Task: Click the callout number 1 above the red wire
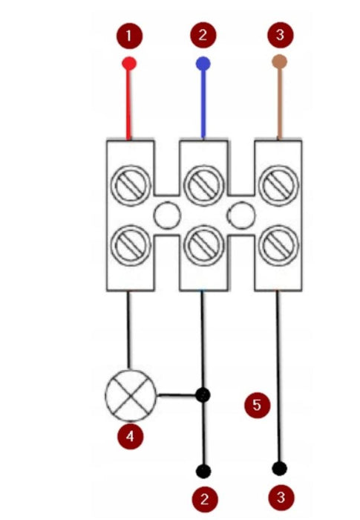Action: pyautogui.click(x=129, y=36)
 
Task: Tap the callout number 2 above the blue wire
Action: pyautogui.click(x=203, y=35)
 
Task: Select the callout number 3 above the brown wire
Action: pyautogui.click(x=280, y=35)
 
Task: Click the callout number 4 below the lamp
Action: pyautogui.click(x=131, y=436)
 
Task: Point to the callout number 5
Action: pyautogui.click(x=258, y=405)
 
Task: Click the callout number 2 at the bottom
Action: pyautogui.click(x=205, y=499)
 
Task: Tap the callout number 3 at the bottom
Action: pyautogui.click(x=281, y=498)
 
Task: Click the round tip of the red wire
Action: pyautogui.click(x=129, y=63)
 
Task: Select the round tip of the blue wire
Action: pyautogui.click(x=203, y=64)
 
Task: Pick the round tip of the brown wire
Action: pyautogui.click(x=279, y=62)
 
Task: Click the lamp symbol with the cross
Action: pyautogui.click(x=131, y=395)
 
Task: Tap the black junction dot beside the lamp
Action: pyautogui.click(x=203, y=395)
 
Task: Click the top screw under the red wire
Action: pyautogui.click(x=131, y=186)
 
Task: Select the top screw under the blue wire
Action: pyautogui.click(x=203, y=186)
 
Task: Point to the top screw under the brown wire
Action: pyautogui.click(x=278, y=185)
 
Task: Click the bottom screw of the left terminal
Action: pyautogui.click(x=131, y=245)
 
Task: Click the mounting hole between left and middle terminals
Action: pyautogui.click(x=167, y=215)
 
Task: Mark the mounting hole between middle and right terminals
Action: pyautogui.click(x=241, y=215)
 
